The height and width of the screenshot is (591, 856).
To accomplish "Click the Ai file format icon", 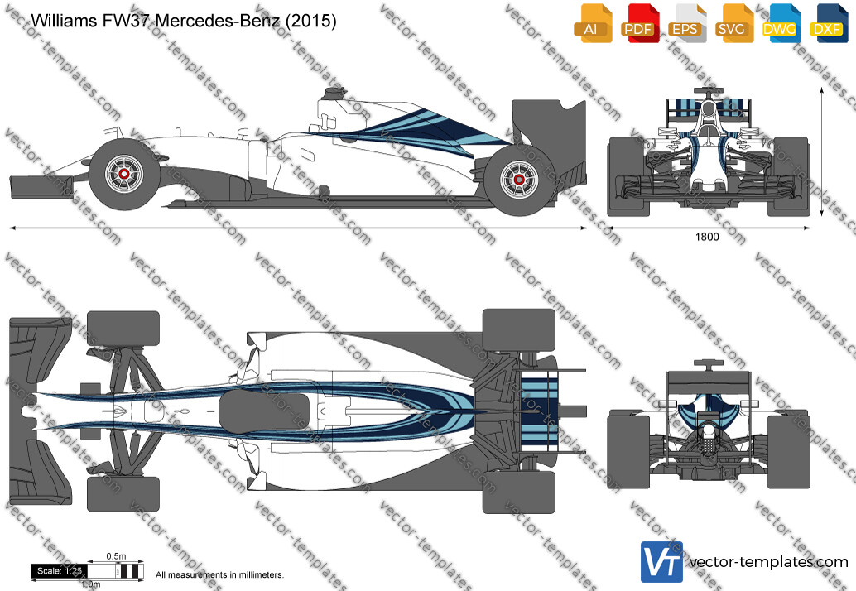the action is pyautogui.click(x=593, y=23).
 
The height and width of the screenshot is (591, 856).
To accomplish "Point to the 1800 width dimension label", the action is pyautogui.click(x=707, y=237).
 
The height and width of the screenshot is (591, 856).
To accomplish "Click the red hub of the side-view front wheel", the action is pyautogui.click(x=124, y=174).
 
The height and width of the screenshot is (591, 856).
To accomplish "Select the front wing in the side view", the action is pyautogui.click(x=41, y=185).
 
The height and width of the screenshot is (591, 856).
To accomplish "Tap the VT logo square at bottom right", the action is pyautogui.click(x=661, y=562).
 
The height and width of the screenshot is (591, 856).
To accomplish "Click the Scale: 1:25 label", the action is pyautogui.click(x=59, y=571).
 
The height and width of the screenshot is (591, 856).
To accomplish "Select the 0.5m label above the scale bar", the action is pyautogui.click(x=116, y=556).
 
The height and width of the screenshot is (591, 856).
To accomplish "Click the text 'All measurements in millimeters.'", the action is pyautogui.click(x=220, y=574).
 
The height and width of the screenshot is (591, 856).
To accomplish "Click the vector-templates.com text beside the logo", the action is pyautogui.click(x=768, y=562).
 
